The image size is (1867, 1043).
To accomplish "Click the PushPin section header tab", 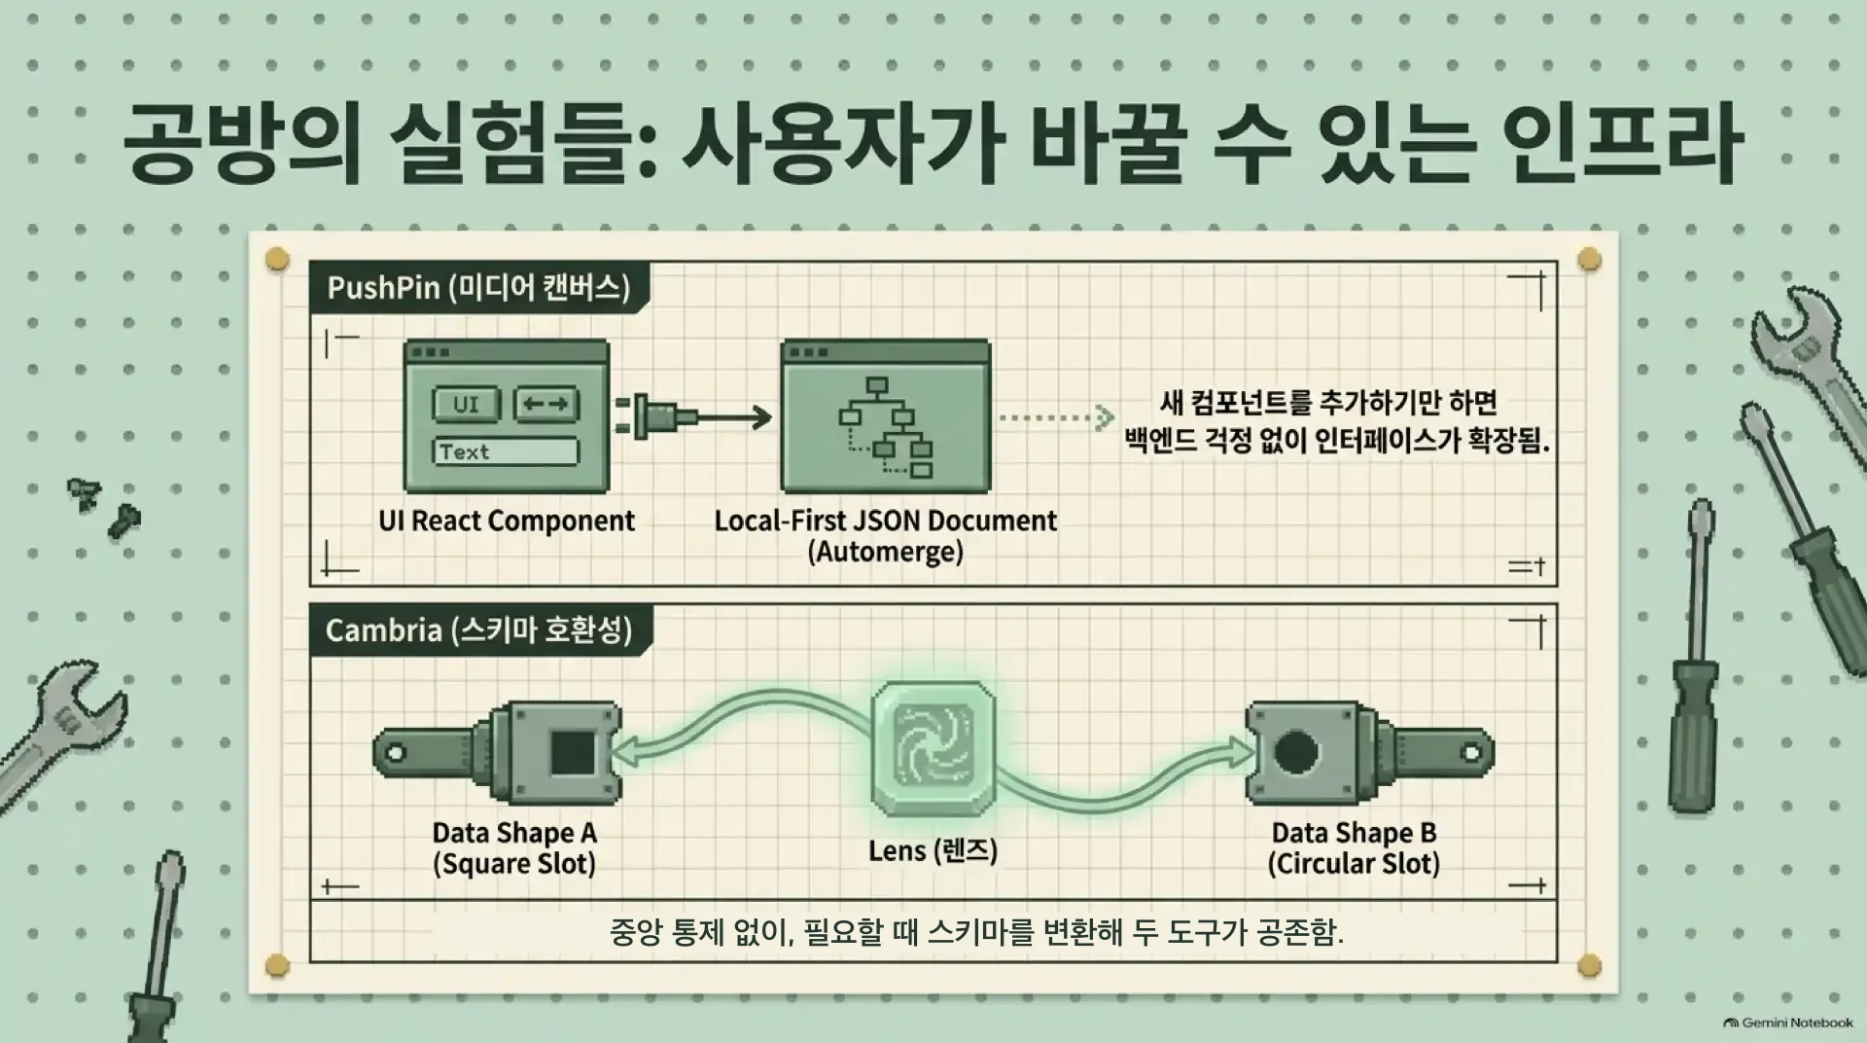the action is tap(479, 288).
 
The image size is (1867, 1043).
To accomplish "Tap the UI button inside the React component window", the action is tap(466, 404).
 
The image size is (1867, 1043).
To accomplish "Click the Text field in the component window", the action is tap(505, 451).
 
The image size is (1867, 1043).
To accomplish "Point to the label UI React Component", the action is tap(507, 521).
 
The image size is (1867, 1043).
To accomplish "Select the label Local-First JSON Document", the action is tap(885, 521).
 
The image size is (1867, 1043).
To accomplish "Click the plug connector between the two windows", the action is tap(656, 417).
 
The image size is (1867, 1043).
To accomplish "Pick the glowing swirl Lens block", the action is tap(933, 747).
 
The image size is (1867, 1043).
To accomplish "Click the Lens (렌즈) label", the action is tap(933, 851).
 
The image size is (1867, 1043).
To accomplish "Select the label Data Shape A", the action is tap(514, 833).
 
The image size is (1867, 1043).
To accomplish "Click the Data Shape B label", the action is tap(1354, 833).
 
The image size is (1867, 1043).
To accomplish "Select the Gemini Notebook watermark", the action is tap(1788, 1023).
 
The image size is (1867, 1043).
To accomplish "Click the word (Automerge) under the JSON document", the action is tap(885, 552).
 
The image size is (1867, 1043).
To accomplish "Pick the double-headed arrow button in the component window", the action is tap(546, 404).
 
